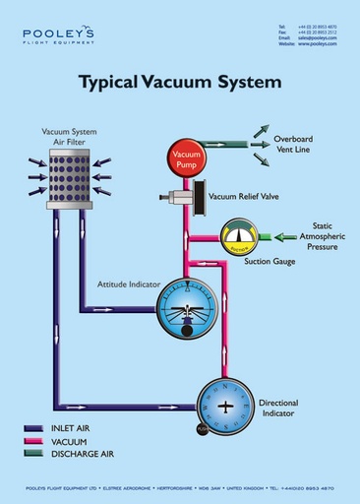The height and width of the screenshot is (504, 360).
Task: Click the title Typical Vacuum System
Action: pyautogui.click(x=180, y=82)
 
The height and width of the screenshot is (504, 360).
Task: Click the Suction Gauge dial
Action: pyautogui.click(x=237, y=236)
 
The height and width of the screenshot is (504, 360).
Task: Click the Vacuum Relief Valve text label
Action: pyautogui.click(x=243, y=197)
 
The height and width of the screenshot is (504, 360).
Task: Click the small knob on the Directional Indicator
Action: pyautogui.click(x=203, y=429)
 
